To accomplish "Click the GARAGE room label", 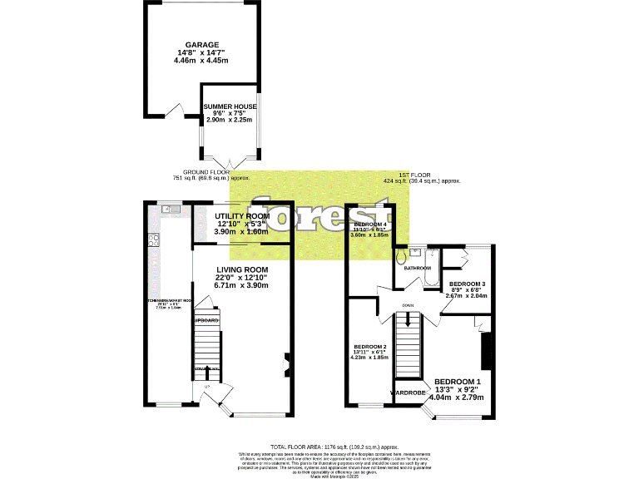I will tap(202, 45).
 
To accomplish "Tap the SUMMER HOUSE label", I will tap(230, 106).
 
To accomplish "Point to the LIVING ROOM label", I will tap(242, 269).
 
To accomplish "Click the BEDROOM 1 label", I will tap(457, 382).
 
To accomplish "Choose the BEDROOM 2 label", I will tap(369, 346).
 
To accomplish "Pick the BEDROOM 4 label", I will tap(370, 225).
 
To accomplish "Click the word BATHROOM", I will tap(418, 268).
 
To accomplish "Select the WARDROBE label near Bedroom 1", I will tap(409, 391).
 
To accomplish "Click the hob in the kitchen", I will tap(154, 240).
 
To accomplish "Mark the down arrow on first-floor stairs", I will tap(409, 315).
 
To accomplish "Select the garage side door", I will tap(176, 111).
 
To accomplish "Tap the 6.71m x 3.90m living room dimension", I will tap(242, 285).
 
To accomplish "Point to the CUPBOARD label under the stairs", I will tap(206, 320).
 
